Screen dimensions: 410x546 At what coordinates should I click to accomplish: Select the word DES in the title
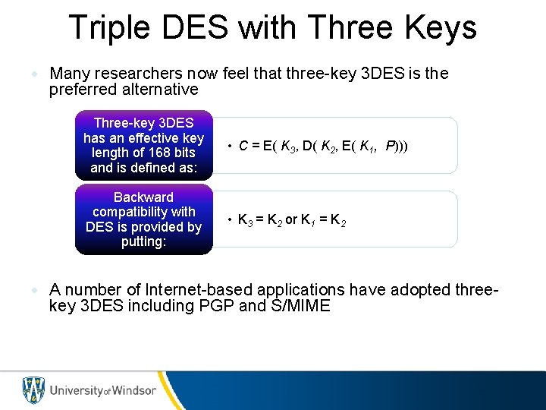(199, 27)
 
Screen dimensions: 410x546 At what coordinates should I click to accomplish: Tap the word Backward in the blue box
(143, 197)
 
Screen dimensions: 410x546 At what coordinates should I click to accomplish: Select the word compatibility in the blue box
(143, 212)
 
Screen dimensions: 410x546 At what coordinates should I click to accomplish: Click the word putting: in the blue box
(143, 242)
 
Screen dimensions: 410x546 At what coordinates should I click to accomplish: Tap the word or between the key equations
(291, 220)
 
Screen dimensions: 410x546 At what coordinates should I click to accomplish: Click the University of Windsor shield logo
(33, 390)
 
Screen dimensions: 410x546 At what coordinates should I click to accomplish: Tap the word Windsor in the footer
(133, 390)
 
